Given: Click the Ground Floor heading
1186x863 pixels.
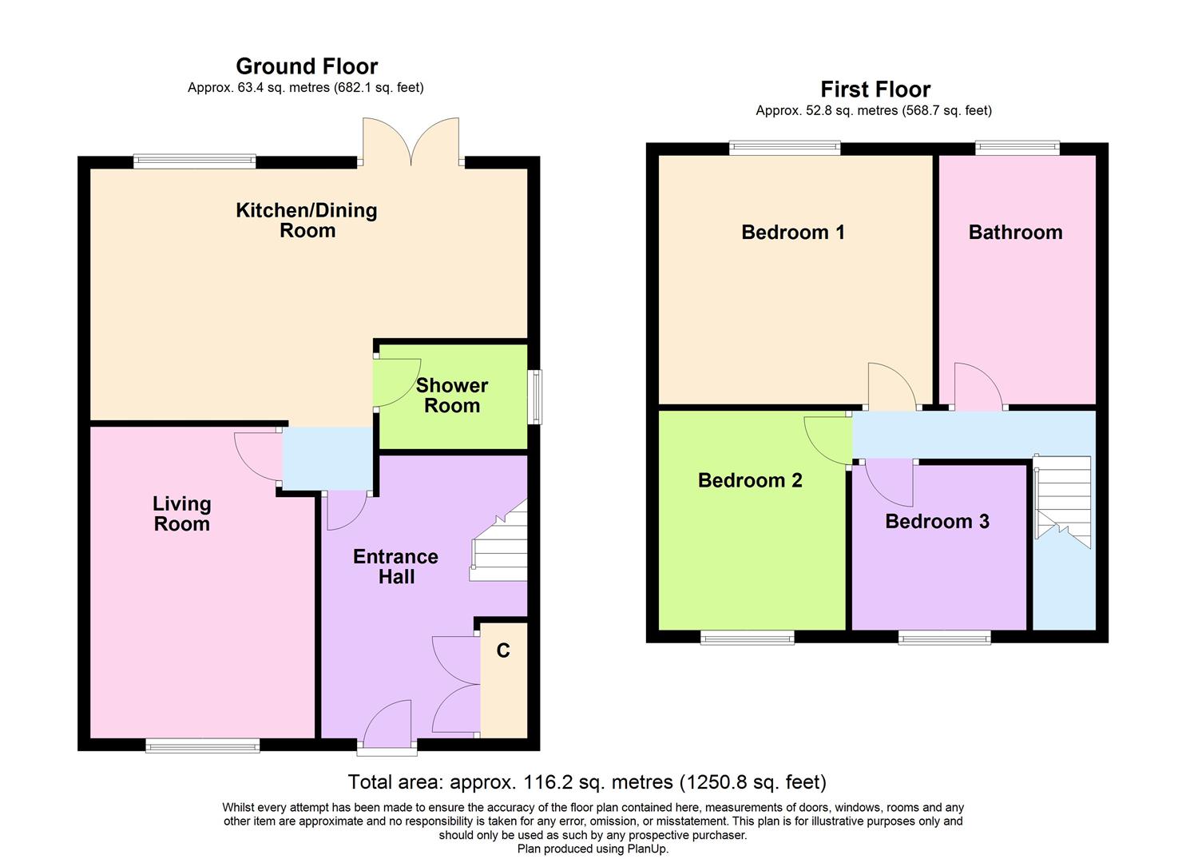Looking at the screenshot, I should (x=307, y=66).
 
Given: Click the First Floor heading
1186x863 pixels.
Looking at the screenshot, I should (x=875, y=89).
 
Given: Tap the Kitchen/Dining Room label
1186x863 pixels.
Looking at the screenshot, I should (x=307, y=221).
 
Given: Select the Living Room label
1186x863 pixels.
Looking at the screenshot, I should (x=182, y=514).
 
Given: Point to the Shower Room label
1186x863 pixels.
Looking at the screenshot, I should (x=452, y=396).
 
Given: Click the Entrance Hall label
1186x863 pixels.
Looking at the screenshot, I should (x=396, y=567).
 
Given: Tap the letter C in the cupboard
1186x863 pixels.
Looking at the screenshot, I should (x=503, y=651).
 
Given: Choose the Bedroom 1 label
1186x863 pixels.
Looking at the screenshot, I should (x=793, y=233).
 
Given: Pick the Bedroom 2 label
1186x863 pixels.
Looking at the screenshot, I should (x=750, y=480).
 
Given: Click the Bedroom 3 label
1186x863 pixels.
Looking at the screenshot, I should (x=937, y=522).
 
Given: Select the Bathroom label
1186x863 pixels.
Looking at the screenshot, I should (x=1015, y=233).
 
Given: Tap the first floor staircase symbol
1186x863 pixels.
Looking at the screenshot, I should (x=1062, y=502).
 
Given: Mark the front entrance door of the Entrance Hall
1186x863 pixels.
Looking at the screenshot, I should (x=387, y=729).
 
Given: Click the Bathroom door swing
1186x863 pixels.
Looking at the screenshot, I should (x=978, y=388).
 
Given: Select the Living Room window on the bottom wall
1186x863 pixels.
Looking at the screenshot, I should (x=203, y=746).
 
